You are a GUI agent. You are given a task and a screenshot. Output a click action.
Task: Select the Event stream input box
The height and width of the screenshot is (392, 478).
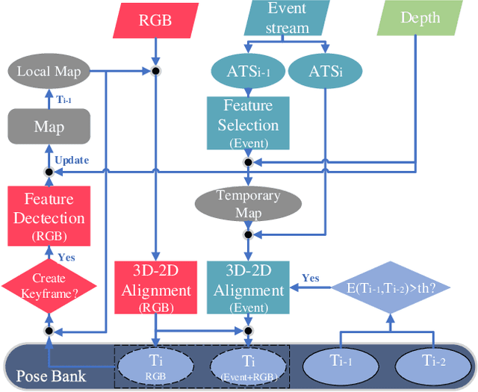(288, 18)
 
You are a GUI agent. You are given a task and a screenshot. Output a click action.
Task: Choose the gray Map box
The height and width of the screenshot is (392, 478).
(49, 126)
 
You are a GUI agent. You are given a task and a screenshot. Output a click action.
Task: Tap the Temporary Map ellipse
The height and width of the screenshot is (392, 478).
(248, 202)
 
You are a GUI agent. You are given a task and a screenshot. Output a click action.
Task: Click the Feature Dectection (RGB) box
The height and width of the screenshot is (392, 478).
(49, 217)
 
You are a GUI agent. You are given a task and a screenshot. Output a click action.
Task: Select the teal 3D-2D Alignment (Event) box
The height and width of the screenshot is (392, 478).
(246, 287)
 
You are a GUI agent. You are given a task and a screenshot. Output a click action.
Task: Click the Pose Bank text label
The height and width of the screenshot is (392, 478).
(51, 375)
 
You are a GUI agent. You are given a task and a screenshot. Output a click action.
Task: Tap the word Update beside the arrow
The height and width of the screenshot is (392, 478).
(72, 160)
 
